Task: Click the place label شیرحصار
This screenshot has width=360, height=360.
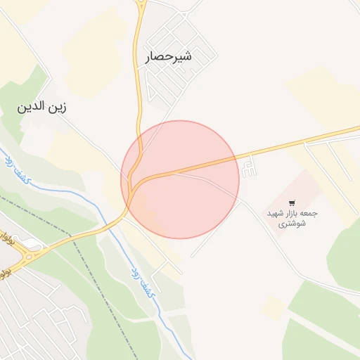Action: (168, 57)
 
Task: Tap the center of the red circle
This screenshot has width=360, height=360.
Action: (180, 179)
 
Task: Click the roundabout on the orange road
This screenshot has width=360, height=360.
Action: (29, 257)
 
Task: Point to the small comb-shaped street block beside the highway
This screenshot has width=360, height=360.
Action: (249, 168)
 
